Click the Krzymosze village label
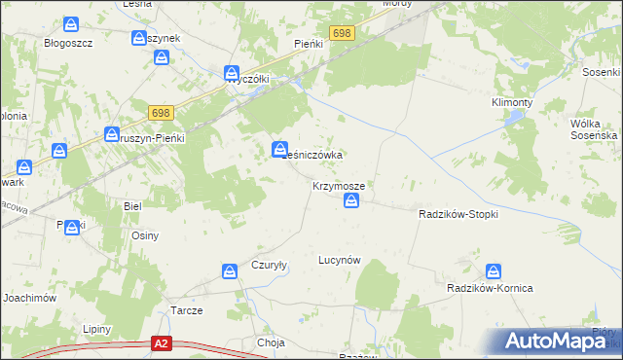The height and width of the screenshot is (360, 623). pos(339,185)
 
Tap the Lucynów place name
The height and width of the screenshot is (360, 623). pos(340,260)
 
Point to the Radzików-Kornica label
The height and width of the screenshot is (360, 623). pos(494,290)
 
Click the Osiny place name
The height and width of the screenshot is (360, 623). pos(145,235)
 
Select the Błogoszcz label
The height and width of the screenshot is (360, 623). pos(68,43)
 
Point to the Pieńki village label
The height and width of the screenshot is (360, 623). pos(308,44)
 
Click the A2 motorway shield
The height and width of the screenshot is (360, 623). pos(163,343)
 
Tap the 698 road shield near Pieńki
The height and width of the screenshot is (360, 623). pos(341,33)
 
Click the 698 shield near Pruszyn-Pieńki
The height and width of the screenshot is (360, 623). pos(163,113)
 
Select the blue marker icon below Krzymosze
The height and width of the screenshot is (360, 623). pos(352,201)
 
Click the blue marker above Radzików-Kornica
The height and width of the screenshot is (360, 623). pos(495,272)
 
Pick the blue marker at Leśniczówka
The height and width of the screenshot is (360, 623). pos(279,149)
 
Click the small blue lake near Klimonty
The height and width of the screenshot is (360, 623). pos(510,119)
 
